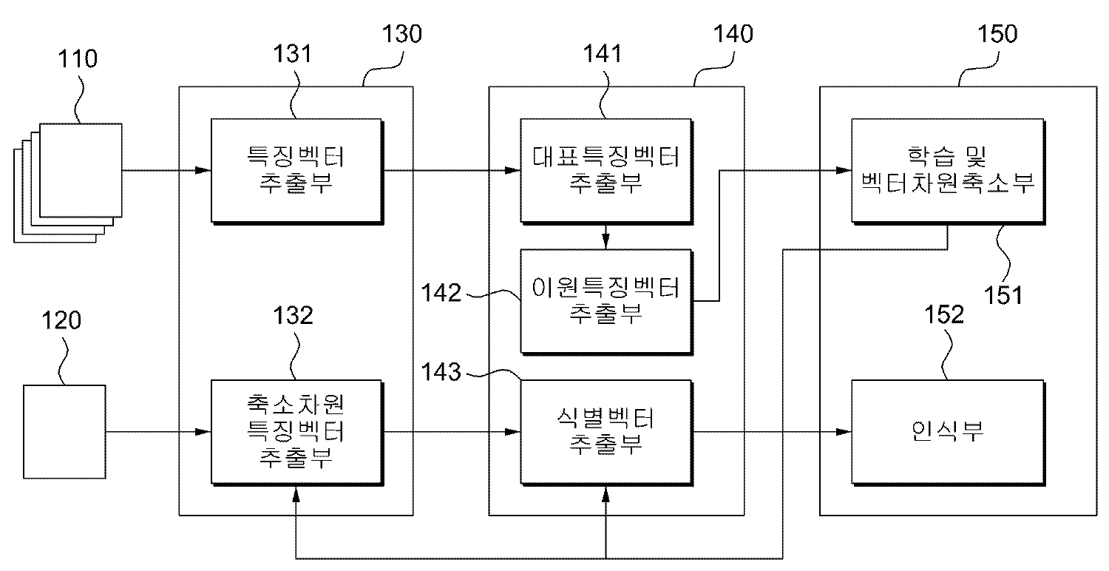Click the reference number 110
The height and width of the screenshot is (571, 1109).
tap(78, 59)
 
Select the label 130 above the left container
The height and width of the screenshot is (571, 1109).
tap(403, 34)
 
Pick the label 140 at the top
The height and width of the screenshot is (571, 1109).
tap(734, 34)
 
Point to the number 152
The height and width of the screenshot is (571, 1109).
tap(945, 315)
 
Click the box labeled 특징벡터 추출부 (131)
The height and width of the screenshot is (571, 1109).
tap(296, 171)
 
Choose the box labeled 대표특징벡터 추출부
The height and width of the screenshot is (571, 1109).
tap(606, 171)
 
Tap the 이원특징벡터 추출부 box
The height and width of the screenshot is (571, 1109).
tap(606, 300)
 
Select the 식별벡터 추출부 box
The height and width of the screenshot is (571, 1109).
tap(606, 431)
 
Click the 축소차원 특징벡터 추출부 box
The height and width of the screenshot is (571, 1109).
tap(296, 431)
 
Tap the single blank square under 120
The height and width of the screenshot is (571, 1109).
tap(64, 431)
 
